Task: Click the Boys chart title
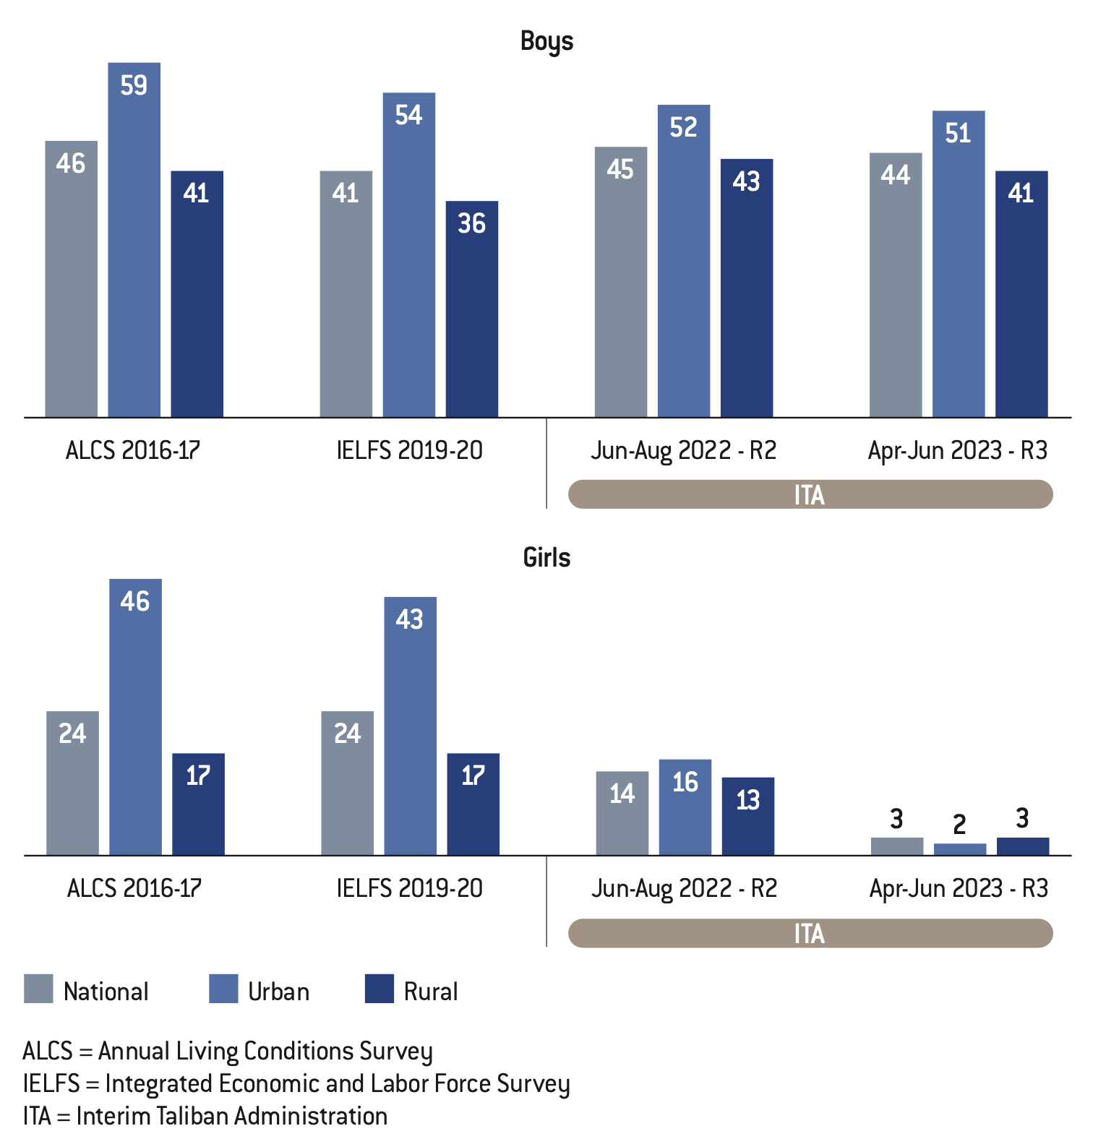click(546, 42)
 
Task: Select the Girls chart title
click(546, 558)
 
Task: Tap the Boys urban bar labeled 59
click(134, 238)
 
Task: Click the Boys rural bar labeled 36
click(471, 309)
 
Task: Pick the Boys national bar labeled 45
click(621, 282)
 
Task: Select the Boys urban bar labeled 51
click(959, 264)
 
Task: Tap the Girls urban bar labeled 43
click(410, 726)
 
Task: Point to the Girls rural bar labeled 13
click(748, 817)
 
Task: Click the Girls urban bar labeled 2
click(960, 849)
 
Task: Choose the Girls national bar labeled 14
click(622, 813)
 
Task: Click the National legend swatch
click(38, 989)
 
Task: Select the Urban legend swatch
click(223, 989)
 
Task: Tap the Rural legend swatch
click(380, 989)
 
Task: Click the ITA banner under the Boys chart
click(810, 494)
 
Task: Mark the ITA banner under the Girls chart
click(810, 933)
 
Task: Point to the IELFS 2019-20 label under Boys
click(409, 450)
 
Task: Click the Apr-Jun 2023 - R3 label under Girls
click(959, 888)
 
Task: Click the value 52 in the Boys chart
click(683, 127)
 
